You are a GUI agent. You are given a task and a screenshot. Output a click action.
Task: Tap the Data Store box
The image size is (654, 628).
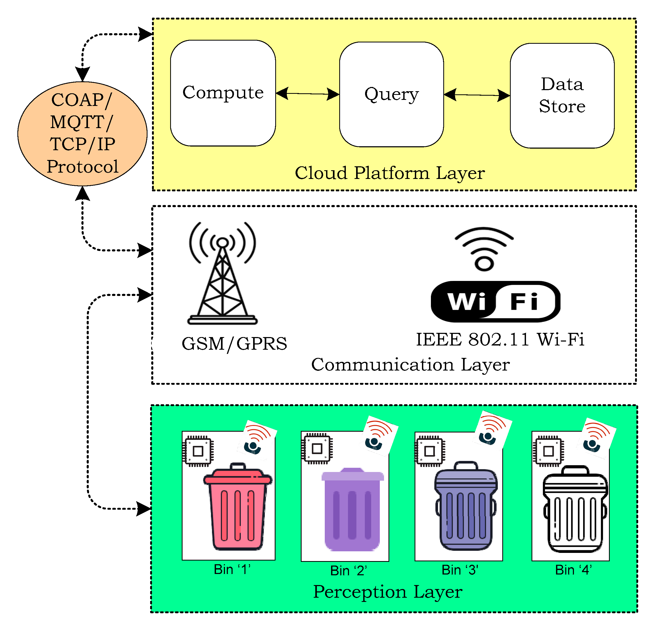pos(562,95)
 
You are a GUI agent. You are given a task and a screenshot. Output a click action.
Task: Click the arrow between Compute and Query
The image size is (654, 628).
pos(307,94)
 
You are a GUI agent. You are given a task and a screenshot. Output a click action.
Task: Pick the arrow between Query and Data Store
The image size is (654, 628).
pos(476,95)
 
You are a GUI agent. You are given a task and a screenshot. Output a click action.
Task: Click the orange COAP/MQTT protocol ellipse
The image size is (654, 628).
pos(82,134)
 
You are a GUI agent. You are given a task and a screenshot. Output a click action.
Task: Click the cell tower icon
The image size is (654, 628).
pos(223,274)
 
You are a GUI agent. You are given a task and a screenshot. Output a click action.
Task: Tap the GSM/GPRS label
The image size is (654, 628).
pos(234,344)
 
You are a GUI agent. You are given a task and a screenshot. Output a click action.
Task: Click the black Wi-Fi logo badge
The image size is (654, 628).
pos(495,301)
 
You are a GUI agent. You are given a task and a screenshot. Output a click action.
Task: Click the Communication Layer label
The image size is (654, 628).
pos(410,364)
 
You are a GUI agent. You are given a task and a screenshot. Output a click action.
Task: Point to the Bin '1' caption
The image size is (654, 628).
pos(232,569)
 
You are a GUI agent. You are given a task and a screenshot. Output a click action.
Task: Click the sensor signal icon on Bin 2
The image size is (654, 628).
pos(380,436)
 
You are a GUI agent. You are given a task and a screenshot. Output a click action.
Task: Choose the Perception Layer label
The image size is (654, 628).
pos(387,592)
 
